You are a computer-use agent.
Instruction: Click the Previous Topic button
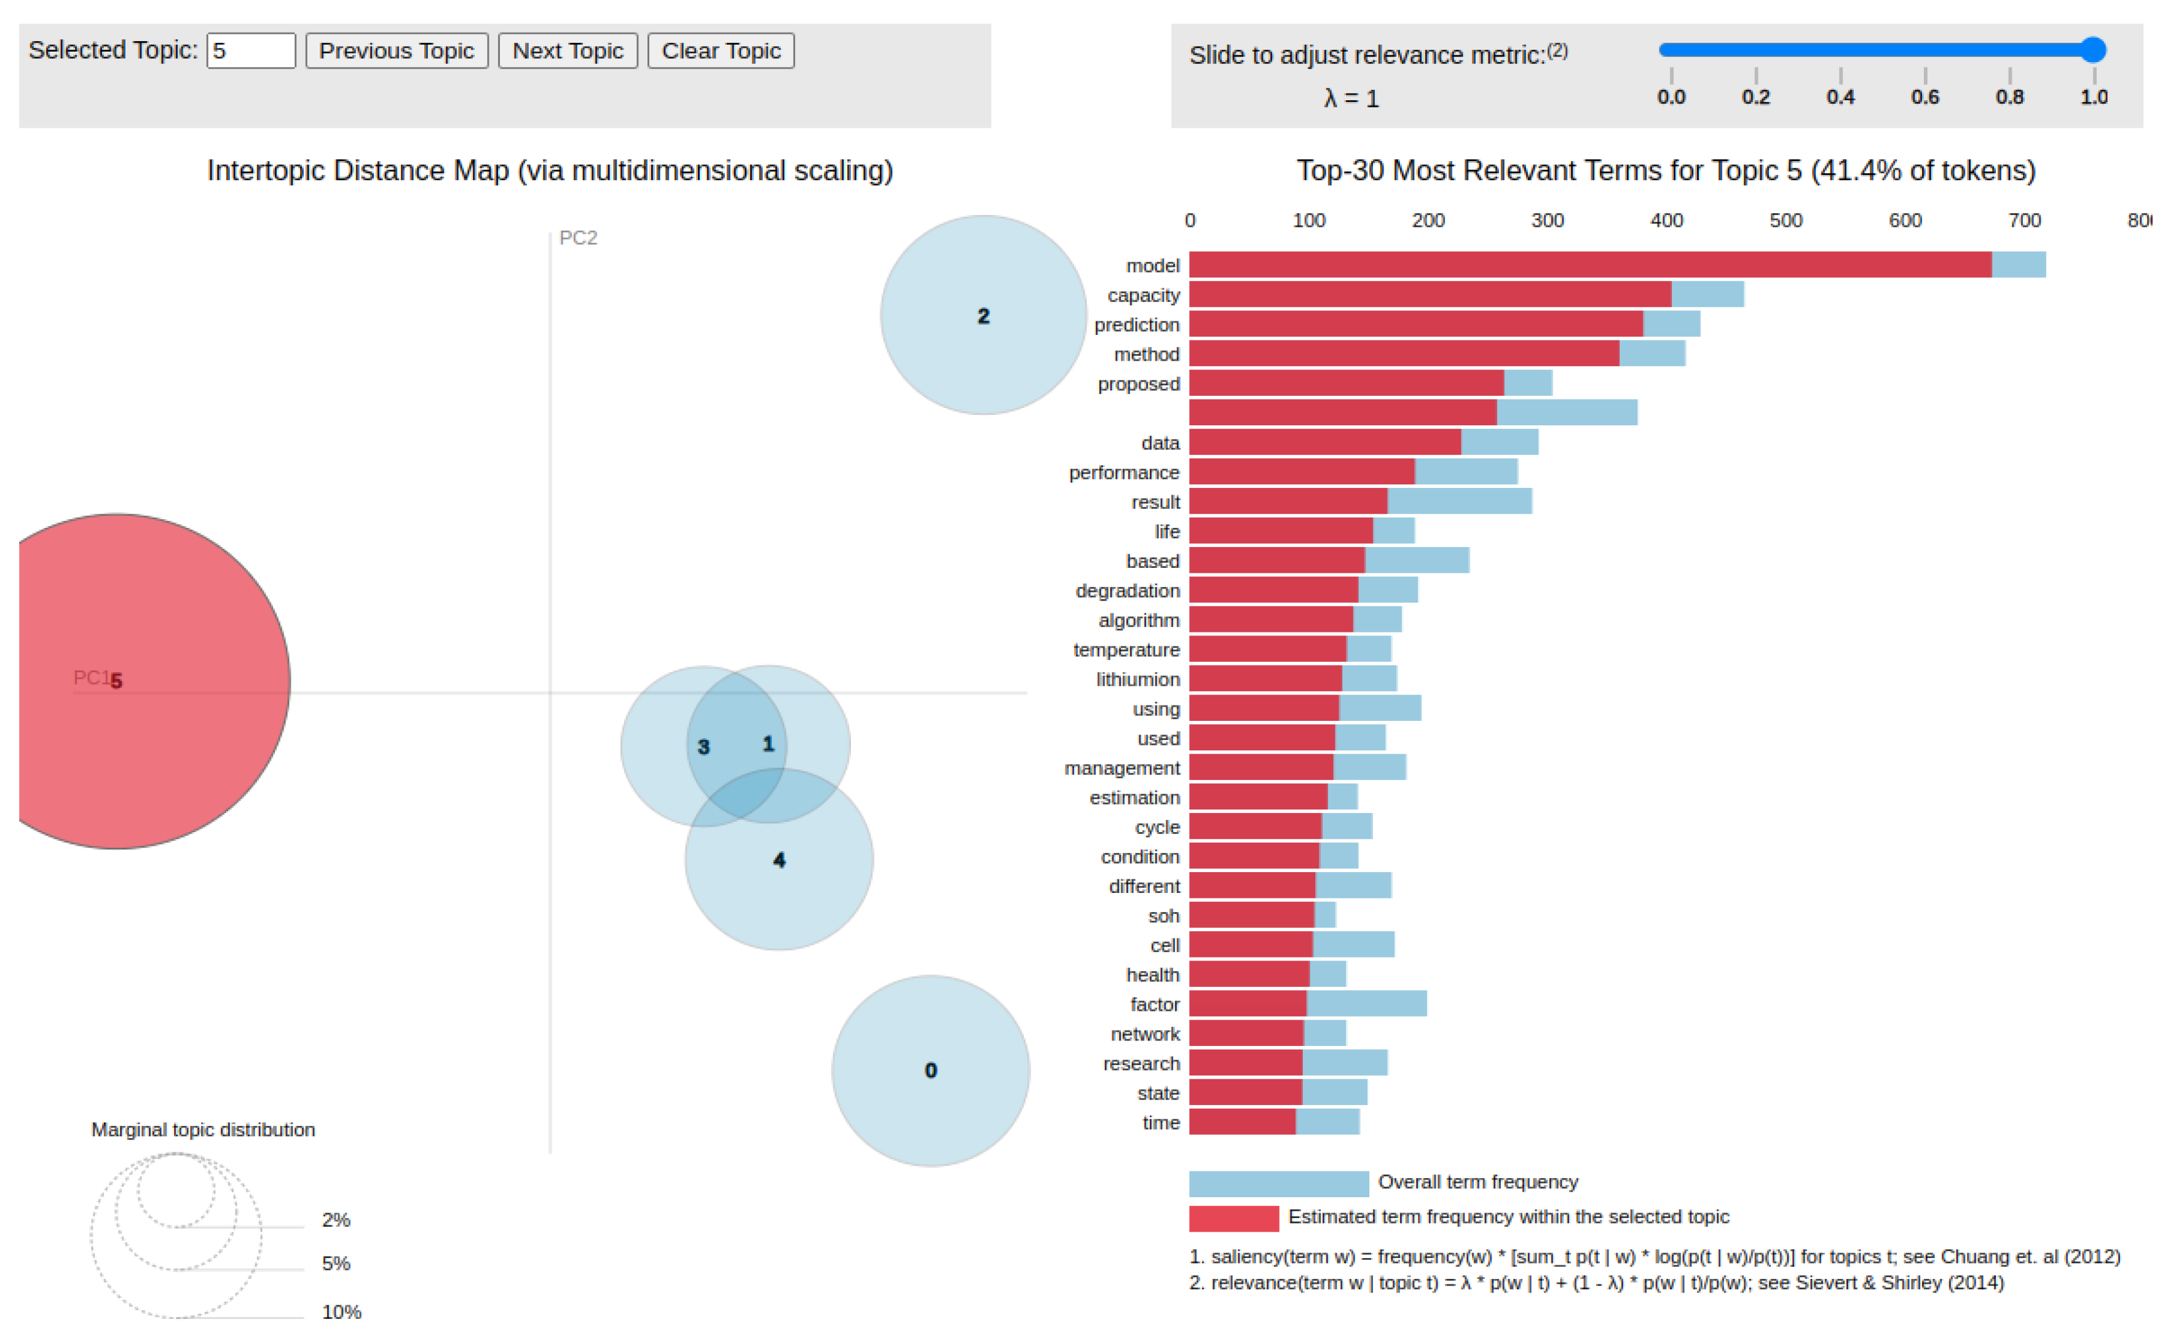pyautogui.click(x=397, y=50)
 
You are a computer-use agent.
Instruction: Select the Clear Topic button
pyautogui.click(x=720, y=50)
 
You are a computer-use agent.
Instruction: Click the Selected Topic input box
pyautogui.click(x=250, y=50)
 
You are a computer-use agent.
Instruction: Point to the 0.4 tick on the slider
pyautogui.click(x=1840, y=96)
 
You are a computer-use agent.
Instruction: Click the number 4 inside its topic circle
pyautogui.click(x=779, y=860)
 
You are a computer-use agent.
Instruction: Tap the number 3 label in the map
pyautogui.click(x=703, y=747)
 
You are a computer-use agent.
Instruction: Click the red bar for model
pyautogui.click(x=1588, y=264)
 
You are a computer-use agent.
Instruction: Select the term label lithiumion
pyautogui.click(x=1137, y=679)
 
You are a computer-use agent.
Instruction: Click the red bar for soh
pyautogui.click(x=1251, y=915)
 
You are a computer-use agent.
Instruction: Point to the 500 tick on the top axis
pyautogui.click(x=1785, y=221)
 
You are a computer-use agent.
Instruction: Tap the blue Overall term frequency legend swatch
pyautogui.click(x=1278, y=1183)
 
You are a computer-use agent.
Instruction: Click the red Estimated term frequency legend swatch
pyautogui.click(x=1233, y=1217)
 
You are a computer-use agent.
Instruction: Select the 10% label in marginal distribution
pyautogui.click(x=341, y=1312)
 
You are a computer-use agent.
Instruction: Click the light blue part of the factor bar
pyautogui.click(x=1366, y=1004)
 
